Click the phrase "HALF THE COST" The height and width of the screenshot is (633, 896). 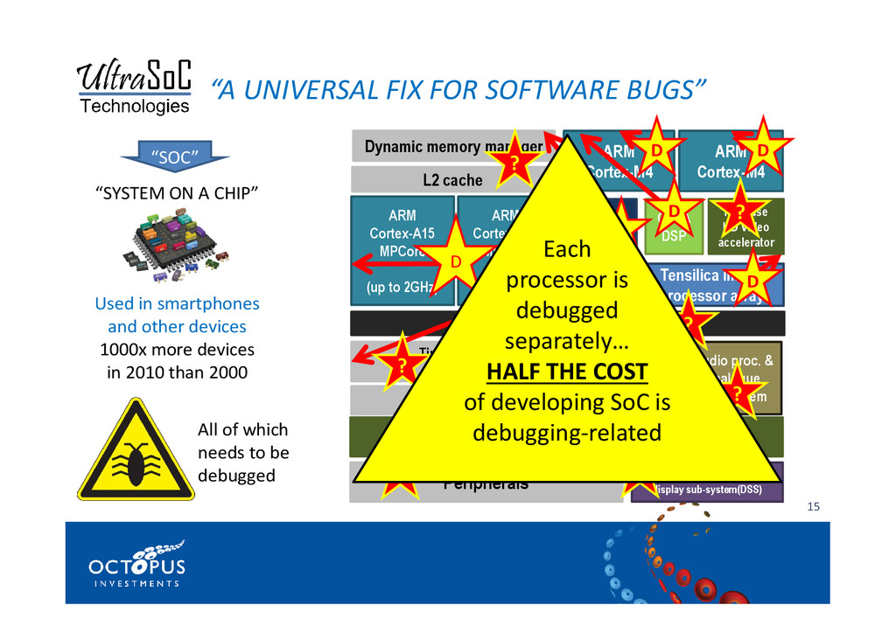(566, 371)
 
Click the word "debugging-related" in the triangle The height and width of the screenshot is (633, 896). (566, 433)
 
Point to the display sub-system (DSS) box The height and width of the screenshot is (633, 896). (709, 490)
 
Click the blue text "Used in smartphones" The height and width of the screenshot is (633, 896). (177, 304)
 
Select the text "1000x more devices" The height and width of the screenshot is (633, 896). (177, 350)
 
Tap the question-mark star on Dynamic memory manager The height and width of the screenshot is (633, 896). (514, 163)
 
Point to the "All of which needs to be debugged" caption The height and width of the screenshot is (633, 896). (243, 453)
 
